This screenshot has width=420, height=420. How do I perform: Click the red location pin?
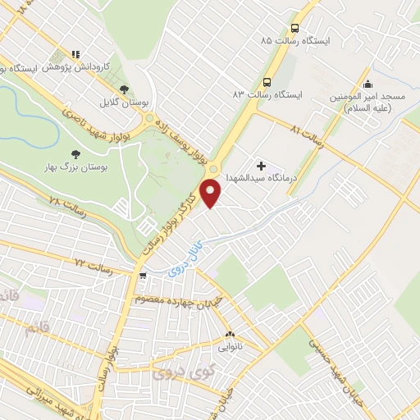[212, 194]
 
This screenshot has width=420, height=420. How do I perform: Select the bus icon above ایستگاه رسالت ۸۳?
[267, 82]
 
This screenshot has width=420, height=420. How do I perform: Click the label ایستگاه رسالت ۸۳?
[267, 95]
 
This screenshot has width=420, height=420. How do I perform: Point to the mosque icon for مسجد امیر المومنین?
[367, 84]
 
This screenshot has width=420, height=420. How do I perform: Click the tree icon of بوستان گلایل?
[124, 89]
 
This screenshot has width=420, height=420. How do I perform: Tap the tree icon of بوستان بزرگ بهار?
[76, 153]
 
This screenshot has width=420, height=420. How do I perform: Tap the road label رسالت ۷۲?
[92, 263]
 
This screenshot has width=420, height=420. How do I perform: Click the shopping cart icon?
[143, 275]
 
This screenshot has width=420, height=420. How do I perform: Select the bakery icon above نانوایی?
[229, 334]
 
